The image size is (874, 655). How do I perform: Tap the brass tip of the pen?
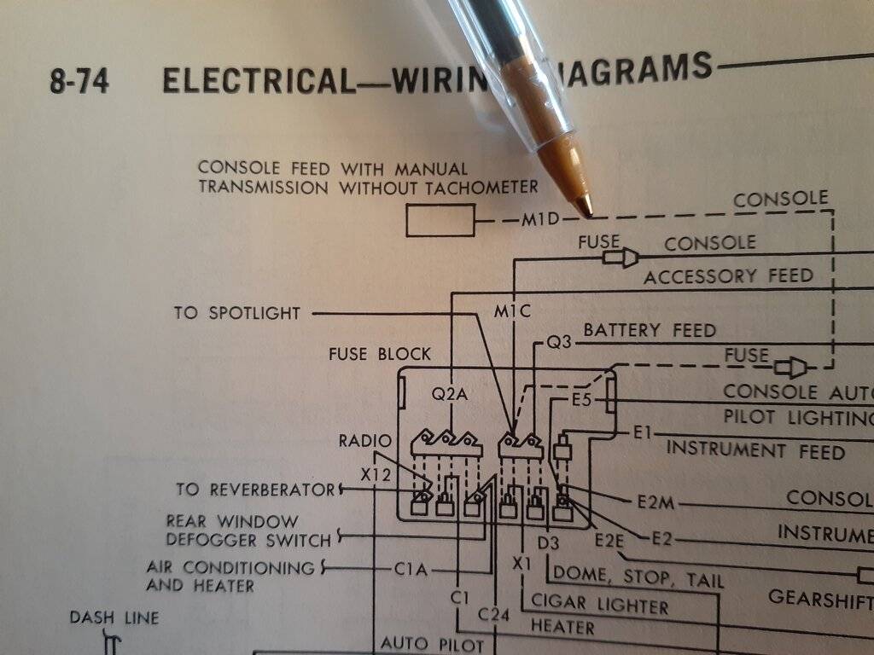[583, 204]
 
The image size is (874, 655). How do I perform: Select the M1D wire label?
[540, 220]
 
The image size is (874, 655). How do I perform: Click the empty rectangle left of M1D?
[440, 221]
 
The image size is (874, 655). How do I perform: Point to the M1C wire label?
[512, 312]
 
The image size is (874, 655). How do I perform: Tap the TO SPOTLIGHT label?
[237, 313]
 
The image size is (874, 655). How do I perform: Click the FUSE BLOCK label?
[380, 353]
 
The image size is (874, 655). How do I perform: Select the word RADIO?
[365, 441]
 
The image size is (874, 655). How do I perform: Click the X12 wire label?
[376, 475]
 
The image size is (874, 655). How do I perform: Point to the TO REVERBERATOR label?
[255, 490]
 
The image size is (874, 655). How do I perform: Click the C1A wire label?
[411, 569]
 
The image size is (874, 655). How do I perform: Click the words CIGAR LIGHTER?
[600, 606]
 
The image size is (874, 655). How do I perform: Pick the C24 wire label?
[494, 614]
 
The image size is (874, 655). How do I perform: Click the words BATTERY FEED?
[650, 330]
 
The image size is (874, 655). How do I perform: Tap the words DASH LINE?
[114, 617]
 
